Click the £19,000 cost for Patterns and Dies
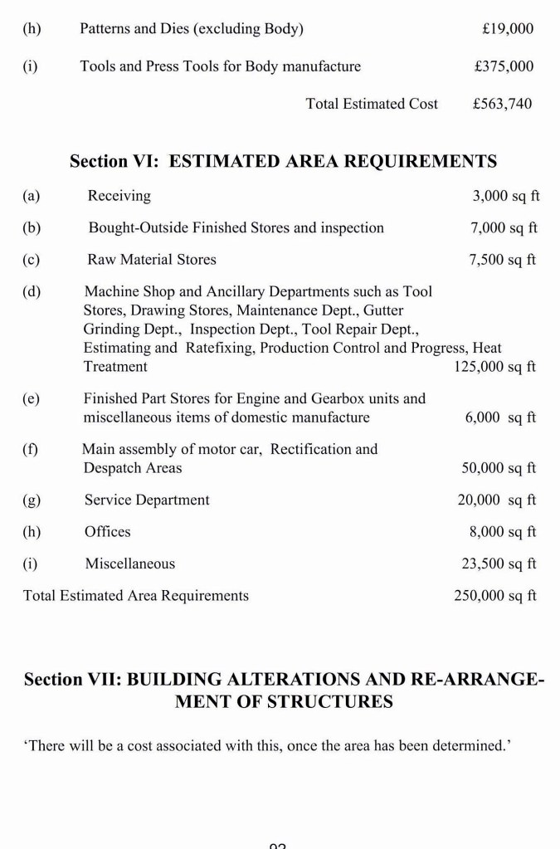(x=508, y=29)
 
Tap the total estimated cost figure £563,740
(x=502, y=104)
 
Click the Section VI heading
(x=283, y=161)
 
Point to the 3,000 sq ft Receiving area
(x=505, y=196)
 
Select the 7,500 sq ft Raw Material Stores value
(x=503, y=260)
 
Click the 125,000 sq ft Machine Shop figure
(x=495, y=366)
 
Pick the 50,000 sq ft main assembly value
(x=499, y=468)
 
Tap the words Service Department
(x=147, y=500)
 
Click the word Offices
(x=108, y=531)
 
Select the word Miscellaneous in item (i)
(x=130, y=564)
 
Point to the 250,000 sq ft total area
(x=495, y=596)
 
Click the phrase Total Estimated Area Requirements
(x=136, y=596)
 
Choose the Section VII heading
(x=284, y=690)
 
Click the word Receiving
(x=119, y=196)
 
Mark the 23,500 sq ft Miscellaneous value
(x=499, y=564)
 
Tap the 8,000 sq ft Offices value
(x=503, y=531)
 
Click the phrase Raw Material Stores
(x=152, y=260)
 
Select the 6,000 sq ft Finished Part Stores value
(x=500, y=417)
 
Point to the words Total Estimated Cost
(x=372, y=104)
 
